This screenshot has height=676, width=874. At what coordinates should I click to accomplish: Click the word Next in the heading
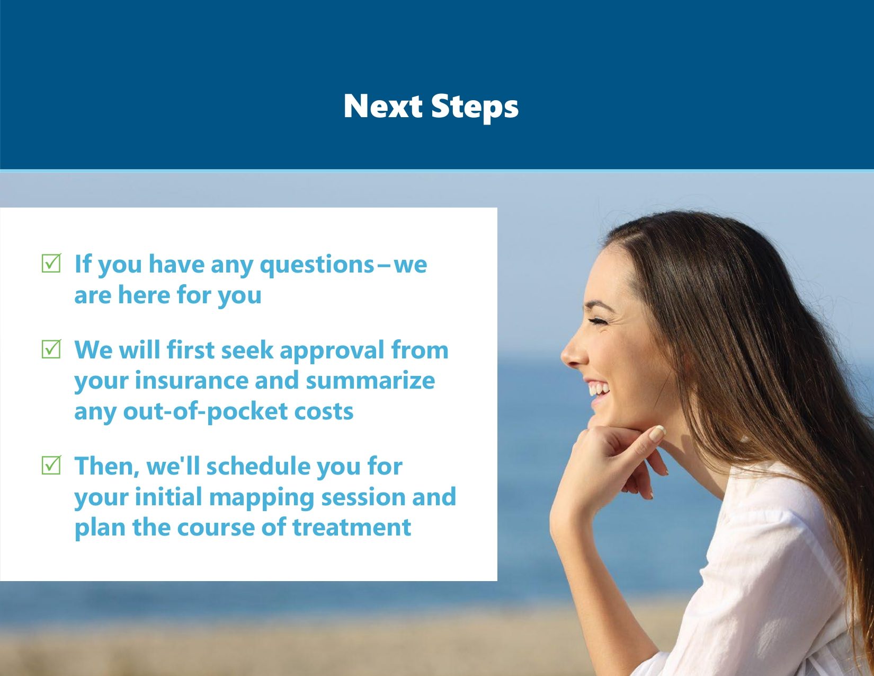coord(382,106)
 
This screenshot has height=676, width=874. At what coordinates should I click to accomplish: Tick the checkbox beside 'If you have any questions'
coord(51,263)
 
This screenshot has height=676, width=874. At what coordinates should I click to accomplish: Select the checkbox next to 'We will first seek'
coord(51,349)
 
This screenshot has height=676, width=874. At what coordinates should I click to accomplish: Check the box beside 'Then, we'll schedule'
coord(51,465)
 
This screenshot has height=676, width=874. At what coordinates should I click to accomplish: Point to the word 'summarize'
coord(370,381)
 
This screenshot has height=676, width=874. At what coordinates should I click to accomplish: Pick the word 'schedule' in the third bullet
coord(258,466)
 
